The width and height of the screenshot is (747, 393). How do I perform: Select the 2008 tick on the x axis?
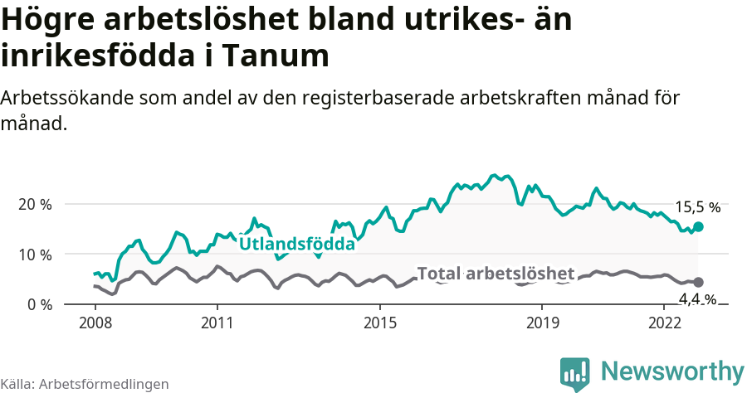[95, 321]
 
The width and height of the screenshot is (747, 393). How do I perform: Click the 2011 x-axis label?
[217, 321]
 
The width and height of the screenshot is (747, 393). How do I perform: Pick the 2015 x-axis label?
[379, 321]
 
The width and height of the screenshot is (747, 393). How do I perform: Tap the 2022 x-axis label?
[664, 321]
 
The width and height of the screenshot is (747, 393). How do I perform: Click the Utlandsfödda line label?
[297, 244]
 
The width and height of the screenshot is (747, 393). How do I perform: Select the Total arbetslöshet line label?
[496, 274]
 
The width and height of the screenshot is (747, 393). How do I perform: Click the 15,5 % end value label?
[697, 208]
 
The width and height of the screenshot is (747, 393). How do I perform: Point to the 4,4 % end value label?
[697, 299]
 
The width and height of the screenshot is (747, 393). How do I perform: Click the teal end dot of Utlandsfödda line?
[699, 226]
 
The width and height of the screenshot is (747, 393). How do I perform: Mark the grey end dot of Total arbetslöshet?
[699, 283]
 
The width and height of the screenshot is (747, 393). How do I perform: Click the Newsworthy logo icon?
[575, 374]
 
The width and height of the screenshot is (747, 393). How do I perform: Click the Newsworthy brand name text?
[672, 371]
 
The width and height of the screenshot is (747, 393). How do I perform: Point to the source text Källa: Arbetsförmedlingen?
[85, 384]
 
